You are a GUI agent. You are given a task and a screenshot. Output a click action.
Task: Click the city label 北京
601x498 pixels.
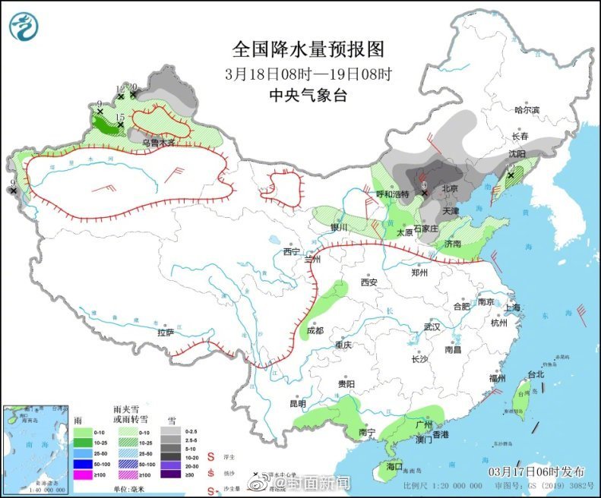450,188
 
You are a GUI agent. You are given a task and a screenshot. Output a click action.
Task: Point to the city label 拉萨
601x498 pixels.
166,332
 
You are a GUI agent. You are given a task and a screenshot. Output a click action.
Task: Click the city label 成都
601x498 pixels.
315,330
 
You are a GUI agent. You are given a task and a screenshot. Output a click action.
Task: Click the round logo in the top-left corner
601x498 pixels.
24,27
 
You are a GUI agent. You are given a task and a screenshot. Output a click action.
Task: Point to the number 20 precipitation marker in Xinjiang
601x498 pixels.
132,87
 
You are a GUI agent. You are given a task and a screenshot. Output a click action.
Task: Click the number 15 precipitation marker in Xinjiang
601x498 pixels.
119,115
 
